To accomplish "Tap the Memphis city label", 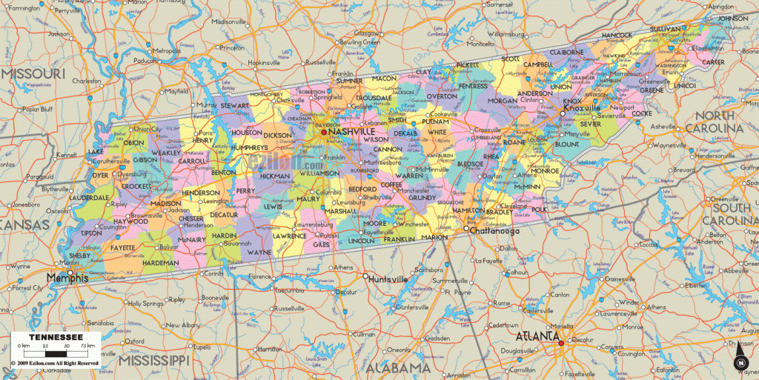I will [67, 278].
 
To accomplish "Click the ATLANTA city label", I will [537, 336].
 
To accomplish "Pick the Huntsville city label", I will [388, 279].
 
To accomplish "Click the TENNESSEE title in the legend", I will [55, 335].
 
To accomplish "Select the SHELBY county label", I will [79, 256].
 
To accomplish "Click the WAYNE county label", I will [259, 252].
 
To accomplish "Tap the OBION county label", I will [134, 143].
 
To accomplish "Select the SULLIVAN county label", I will [666, 29].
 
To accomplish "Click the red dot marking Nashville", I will [324, 132].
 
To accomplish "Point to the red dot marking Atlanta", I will [561, 342].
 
